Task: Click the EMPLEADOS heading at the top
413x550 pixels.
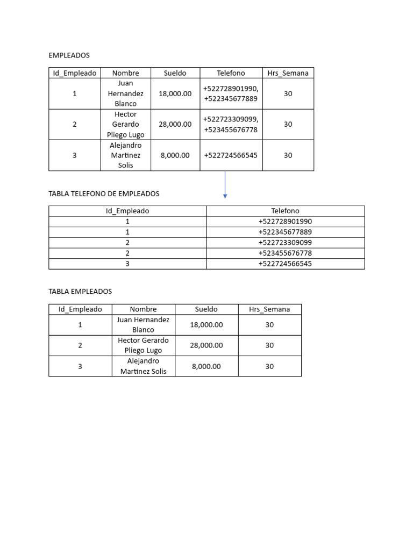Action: [x=69, y=55]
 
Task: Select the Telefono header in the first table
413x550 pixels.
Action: [x=231, y=73]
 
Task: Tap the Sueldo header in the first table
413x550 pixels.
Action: [x=175, y=73]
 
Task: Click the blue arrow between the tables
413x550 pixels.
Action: [x=225, y=185]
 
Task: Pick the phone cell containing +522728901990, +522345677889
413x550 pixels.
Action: [x=231, y=93]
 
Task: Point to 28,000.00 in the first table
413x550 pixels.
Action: [x=175, y=124]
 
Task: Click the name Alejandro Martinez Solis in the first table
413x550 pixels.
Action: [x=125, y=155]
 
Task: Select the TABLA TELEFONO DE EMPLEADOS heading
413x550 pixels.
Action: [x=104, y=193]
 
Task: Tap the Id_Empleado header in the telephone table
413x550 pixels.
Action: [x=127, y=211]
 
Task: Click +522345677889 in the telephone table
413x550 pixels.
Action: [x=285, y=232]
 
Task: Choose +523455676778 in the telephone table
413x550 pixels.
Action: [x=285, y=253]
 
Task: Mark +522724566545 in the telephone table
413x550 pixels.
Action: [x=285, y=264]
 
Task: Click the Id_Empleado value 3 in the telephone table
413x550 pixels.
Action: [x=127, y=264]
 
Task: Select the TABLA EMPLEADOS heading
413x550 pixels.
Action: [x=80, y=291]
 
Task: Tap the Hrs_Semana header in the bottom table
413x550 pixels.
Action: [x=269, y=309]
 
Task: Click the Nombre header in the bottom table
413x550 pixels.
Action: [x=143, y=309]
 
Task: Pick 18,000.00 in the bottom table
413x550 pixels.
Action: [x=206, y=325]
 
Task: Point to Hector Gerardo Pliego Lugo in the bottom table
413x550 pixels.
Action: [x=143, y=345]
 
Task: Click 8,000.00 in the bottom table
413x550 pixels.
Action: [x=206, y=366]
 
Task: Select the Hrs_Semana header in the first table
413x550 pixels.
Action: [x=288, y=73]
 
